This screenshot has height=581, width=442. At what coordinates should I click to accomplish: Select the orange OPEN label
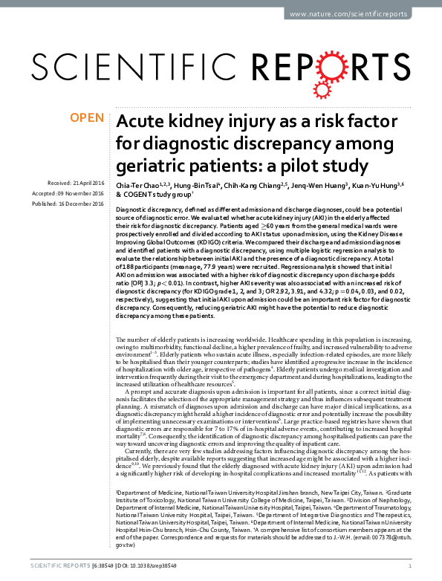[86, 117]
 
